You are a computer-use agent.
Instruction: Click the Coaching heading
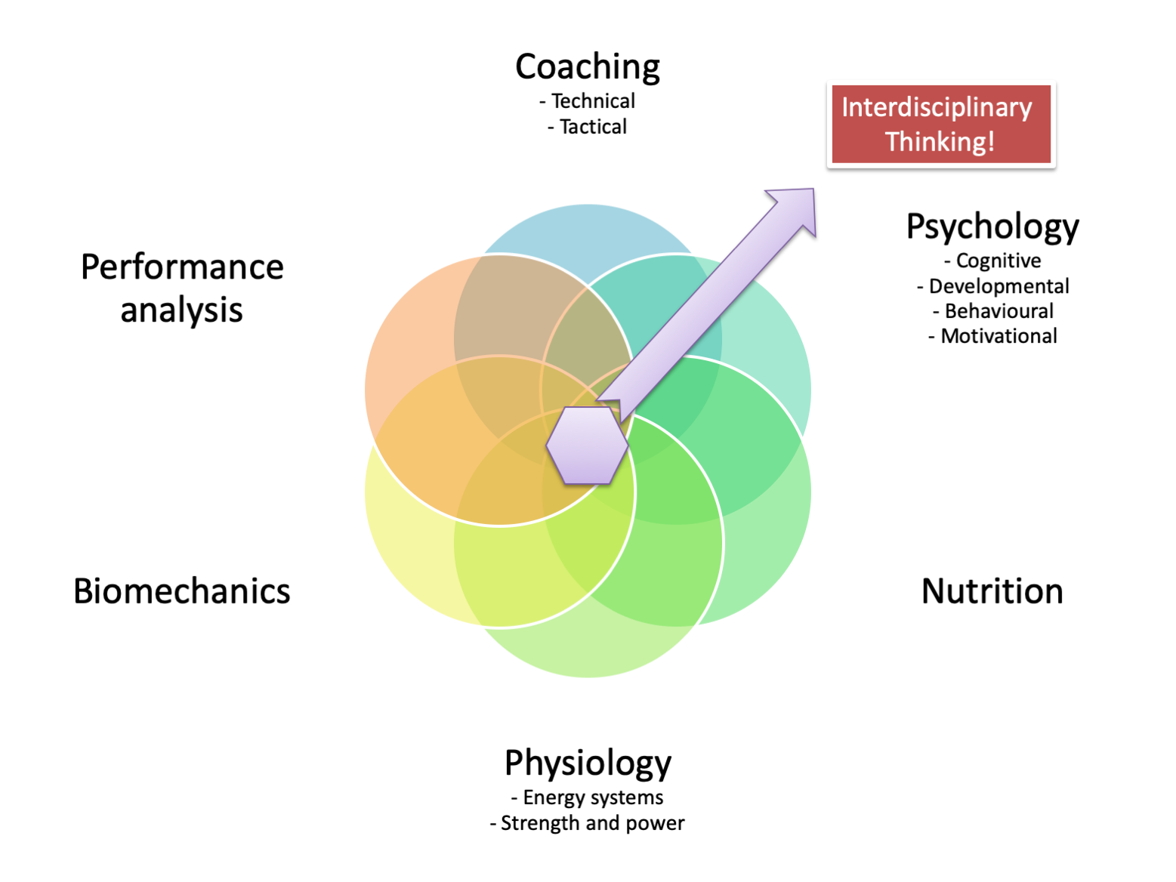click(587, 67)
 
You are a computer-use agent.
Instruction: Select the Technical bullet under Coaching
click(588, 101)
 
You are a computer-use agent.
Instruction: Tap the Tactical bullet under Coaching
click(588, 127)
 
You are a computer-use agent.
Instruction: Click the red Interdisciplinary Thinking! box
click(940, 125)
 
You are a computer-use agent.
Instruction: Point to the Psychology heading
click(992, 227)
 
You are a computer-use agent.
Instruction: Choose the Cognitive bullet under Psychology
click(992, 261)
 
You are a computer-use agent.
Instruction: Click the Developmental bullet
click(992, 286)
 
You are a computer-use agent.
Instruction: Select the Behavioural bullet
click(992, 311)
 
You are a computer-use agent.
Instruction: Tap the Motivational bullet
click(992, 336)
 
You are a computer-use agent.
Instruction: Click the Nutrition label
click(992, 591)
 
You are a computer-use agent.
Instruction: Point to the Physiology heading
click(588, 763)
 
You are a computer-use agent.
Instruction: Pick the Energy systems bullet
click(588, 797)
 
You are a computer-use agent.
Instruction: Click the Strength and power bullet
click(588, 823)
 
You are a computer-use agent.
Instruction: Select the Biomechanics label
click(181, 591)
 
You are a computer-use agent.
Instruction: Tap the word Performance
click(182, 267)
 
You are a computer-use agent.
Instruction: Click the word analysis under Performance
click(181, 310)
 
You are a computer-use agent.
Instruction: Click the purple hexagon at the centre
click(587, 446)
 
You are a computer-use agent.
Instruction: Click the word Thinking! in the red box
click(940, 142)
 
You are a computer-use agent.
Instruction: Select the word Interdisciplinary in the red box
click(937, 108)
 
